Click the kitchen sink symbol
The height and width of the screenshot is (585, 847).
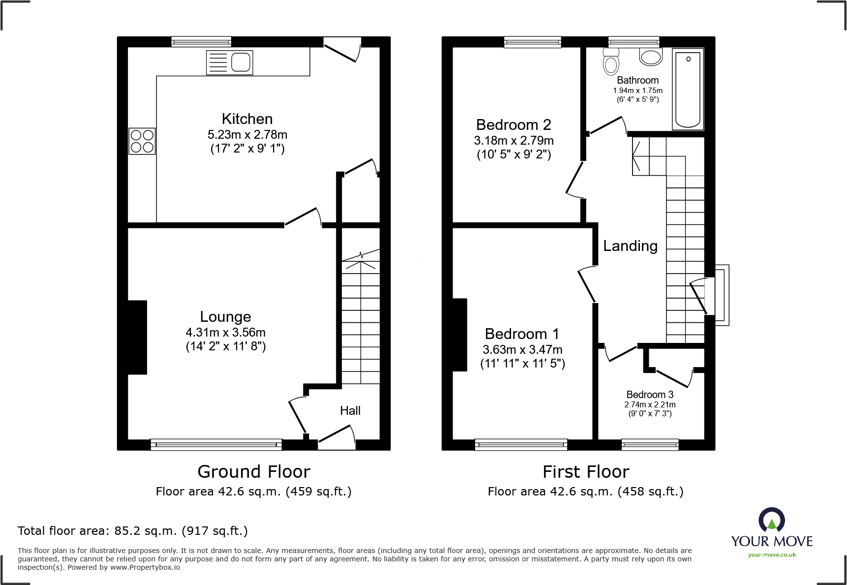point(229,63)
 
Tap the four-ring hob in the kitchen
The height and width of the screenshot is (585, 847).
point(142,141)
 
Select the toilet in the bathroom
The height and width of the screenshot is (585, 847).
point(611,62)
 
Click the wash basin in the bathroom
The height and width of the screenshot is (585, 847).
point(651,57)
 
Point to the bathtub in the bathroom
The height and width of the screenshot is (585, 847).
point(688,90)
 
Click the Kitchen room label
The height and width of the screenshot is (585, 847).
point(247,119)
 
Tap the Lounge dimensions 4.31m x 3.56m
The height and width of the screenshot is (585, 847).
point(225,333)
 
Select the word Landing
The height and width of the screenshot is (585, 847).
point(630,246)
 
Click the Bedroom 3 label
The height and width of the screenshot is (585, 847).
point(650,395)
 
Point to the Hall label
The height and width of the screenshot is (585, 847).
point(350,411)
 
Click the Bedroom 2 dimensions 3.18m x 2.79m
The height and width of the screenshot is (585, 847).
point(514,141)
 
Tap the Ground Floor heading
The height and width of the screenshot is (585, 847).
point(254,472)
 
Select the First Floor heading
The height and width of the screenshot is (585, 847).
point(586,472)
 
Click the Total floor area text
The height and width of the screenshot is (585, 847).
point(133,531)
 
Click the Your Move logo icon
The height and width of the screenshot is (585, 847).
point(771,519)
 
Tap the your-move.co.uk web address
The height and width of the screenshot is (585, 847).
point(772,555)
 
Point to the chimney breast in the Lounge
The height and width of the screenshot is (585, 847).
point(137,338)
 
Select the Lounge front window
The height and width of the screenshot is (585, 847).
point(216,445)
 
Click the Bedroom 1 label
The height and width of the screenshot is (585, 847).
point(522,334)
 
